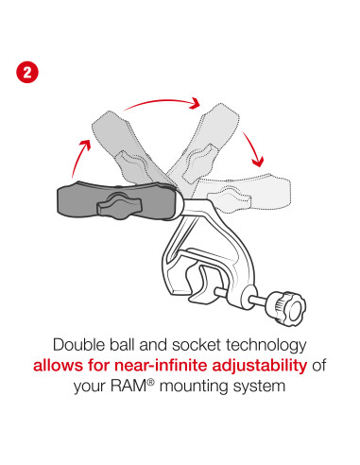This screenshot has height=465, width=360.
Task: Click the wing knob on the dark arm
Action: (x=120, y=202)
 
